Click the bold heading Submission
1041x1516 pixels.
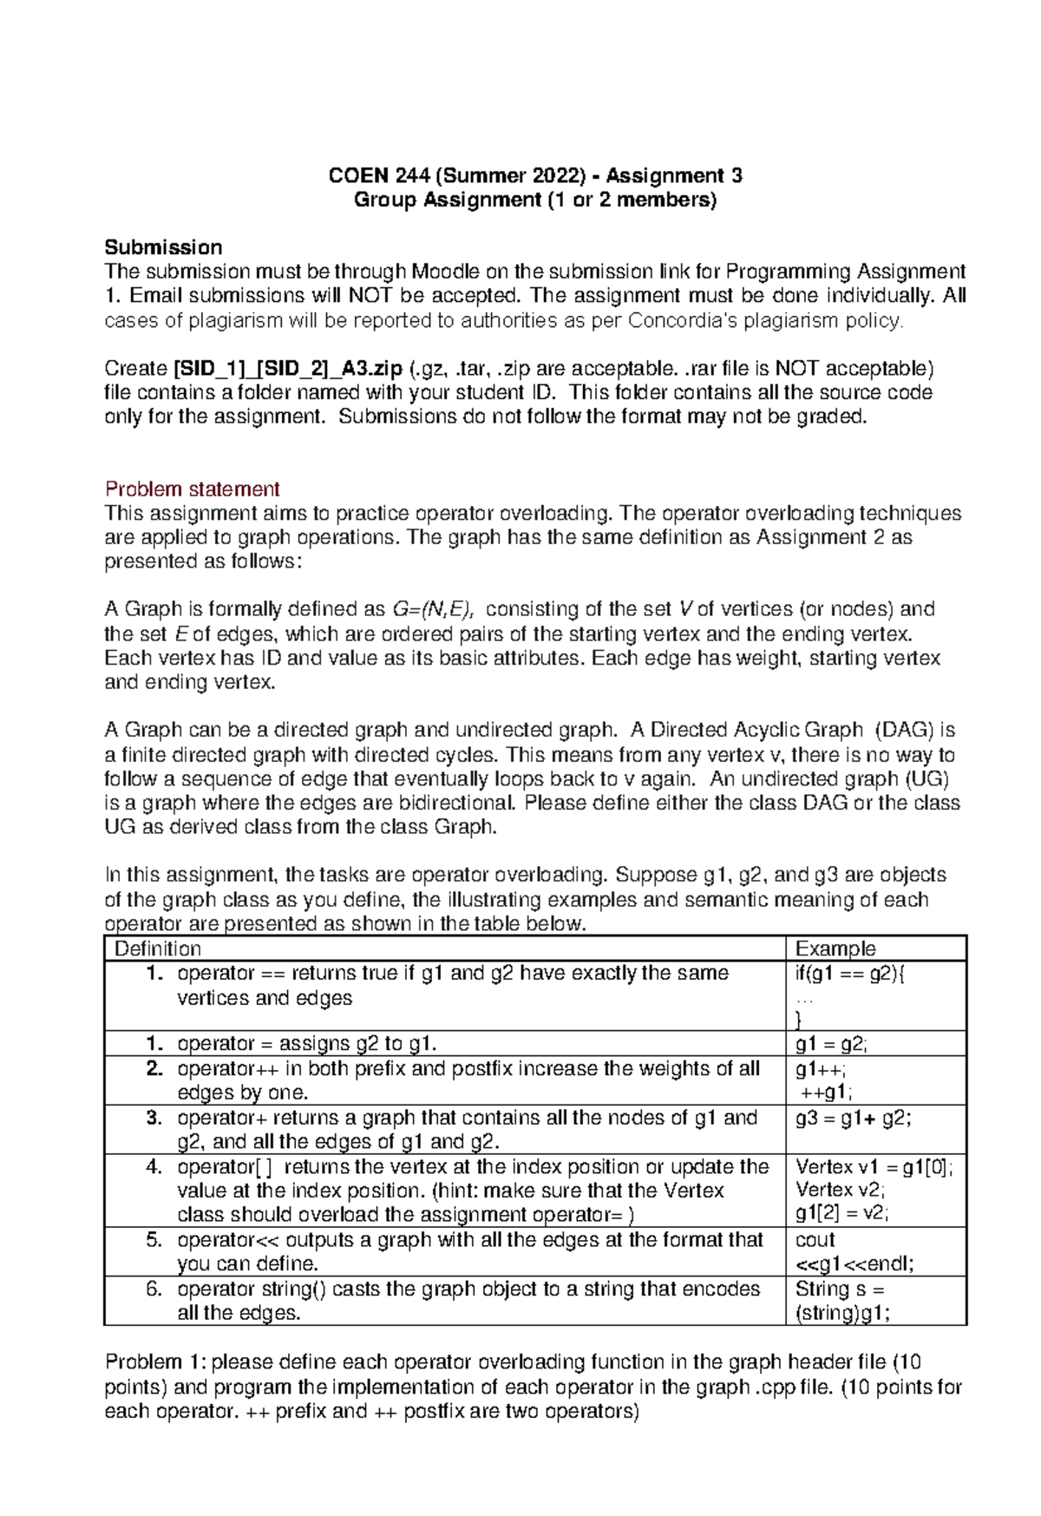tap(163, 247)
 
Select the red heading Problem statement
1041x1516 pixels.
tap(192, 489)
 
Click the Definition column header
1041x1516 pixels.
tap(158, 948)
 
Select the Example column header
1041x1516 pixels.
tap(835, 948)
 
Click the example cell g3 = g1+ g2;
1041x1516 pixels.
tap(853, 1118)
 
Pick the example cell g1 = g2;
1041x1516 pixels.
tap(831, 1044)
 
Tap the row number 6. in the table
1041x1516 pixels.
tap(154, 1289)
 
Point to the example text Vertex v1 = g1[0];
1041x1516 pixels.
tap(874, 1167)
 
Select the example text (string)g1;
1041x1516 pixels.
tap(842, 1313)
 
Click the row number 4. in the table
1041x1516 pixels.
tap(154, 1167)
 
